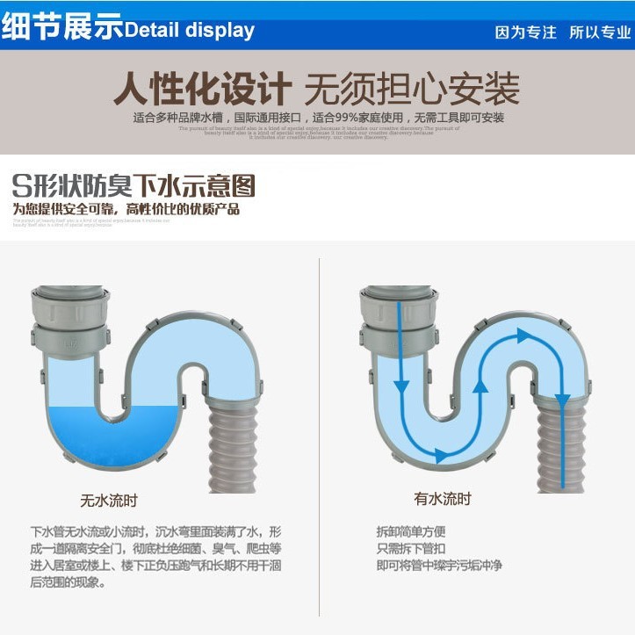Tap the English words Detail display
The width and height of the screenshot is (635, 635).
189,31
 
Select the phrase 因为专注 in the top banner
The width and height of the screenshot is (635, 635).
525,32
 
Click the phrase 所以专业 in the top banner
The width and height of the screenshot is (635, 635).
600,32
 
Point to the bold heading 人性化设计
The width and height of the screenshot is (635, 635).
203,89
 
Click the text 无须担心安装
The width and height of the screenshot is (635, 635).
412,89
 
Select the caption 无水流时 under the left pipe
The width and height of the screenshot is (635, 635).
109,502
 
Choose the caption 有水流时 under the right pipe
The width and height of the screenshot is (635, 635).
443,499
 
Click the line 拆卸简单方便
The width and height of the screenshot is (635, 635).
411,531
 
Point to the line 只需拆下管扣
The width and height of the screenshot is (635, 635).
411,548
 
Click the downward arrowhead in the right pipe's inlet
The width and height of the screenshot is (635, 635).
401,386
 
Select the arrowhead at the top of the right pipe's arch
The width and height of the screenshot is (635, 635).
523,335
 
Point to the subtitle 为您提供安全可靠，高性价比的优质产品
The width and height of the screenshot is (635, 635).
126,209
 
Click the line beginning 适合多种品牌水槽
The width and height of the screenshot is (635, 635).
318,118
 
